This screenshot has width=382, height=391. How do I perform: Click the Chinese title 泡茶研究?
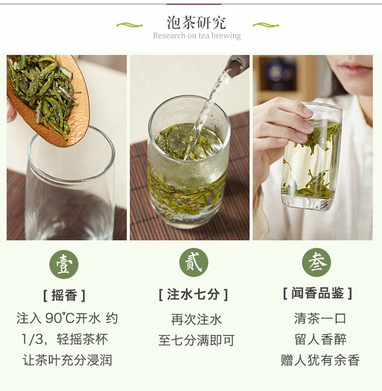pyautogui.click(x=196, y=22)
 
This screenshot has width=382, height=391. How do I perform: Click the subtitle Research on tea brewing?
pyautogui.click(x=197, y=36)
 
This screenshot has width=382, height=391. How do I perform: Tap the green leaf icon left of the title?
pyautogui.click(x=129, y=25)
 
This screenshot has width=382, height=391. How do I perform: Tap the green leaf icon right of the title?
pyautogui.click(x=266, y=25)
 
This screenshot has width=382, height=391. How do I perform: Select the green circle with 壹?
pyautogui.click(x=64, y=264)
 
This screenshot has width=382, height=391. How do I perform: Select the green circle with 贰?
pyautogui.click(x=194, y=262)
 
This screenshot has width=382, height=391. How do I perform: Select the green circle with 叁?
pyautogui.click(x=317, y=262)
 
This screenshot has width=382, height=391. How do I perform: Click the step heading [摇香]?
pyautogui.click(x=64, y=295)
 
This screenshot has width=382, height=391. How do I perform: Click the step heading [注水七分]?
pyautogui.click(x=194, y=294)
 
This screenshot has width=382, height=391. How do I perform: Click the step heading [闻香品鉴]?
pyautogui.click(x=318, y=293)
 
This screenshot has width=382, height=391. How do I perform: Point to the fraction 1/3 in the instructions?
pyautogui.click(x=32, y=339)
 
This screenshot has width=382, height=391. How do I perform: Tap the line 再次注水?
pyautogui.click(x=196, y=319)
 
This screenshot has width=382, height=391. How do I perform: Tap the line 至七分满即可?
pyautogui.click(x=196, y=340)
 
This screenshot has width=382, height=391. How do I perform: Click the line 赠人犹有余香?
pyautogui.click(x=320, y=360)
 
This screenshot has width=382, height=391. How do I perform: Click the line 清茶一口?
pyautogui.click(x=320, y=318)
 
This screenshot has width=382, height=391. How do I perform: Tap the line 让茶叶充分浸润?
pyautogui.click(x=67, y=360)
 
